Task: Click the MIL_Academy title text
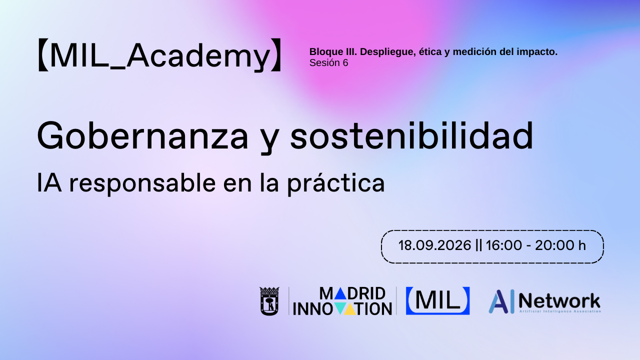click(x=159, y=55)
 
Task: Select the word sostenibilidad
click(x=411, y=136)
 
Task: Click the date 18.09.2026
click(x=434, y=245)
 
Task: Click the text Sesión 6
click(x=328, y=63)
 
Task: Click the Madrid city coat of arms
click(x=269, y=301)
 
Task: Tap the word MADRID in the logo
click(x=352, y=293)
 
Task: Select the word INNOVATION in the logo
click(x=342, y=308)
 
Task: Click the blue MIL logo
click(x=437, y=300)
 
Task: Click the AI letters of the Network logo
click(x=501, y=301)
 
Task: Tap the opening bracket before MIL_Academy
click(x=42, y=55)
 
